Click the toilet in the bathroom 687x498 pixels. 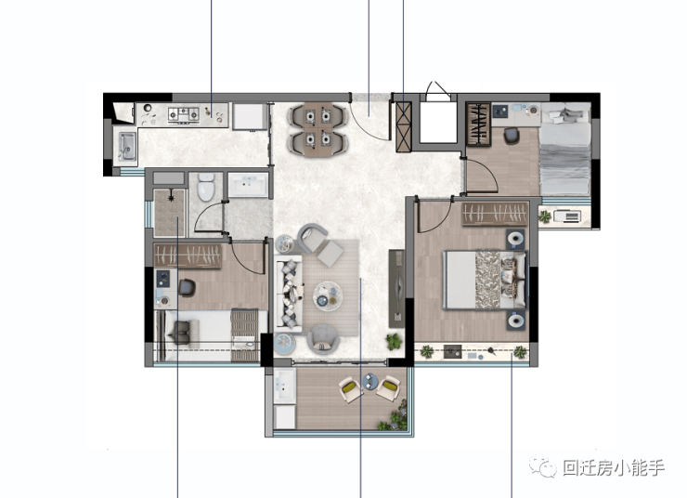pyautogui.click(x=205, y=187)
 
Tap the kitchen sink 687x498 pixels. pyautogui.click(x=127, y=147)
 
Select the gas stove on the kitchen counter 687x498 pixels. pyautogui.click(x=184, y=114)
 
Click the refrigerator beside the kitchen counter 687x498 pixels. pyautogui.click(x=249, y=117)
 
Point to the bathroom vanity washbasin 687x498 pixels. pyautogui.click(x=248, y=185)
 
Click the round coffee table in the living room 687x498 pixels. pyautogui.click(x=328, y=296)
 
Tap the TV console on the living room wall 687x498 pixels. pyautogui.click(x=397, y=288)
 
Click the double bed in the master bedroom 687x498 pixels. pyautogui.click(x=485, y=280)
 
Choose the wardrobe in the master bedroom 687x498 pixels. pyautogui.click(x=495, y=214)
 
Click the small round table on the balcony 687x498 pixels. pyautogui.click(x=369, y=381)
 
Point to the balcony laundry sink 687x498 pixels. pyautogui.click(x=284, y=386)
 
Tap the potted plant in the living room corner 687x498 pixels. pyautogui.click(x=394, y=341)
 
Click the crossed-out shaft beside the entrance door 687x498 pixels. pyautogui.click(x=404, y=126)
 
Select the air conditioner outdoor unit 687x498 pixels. pyautogui.click(x=567, y=216)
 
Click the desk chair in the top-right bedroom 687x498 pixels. pyautogui.click(x=512, y=136)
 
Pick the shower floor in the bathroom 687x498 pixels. pyautogui.click(x=170, y=213)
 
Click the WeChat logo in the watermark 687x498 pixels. pyautogui.click(x=542, y=467)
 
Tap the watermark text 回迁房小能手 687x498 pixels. pyautogui.click(x=614, y=468)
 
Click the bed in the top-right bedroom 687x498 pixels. pyautogui.click(x=565, y=149)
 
